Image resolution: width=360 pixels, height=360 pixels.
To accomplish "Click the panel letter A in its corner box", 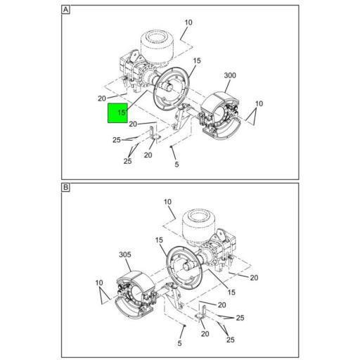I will coord(65,11).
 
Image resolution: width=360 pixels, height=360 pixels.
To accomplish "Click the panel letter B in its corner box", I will coord(65,188).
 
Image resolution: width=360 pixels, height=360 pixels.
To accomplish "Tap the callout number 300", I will coord(230,76).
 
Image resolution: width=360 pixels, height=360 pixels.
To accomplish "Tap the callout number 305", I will coord(126,255).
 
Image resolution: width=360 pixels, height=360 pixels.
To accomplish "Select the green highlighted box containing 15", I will coord(117,112).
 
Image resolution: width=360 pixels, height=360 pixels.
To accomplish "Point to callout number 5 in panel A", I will coord(176,165).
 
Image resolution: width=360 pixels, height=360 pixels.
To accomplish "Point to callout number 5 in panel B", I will coord(180,343).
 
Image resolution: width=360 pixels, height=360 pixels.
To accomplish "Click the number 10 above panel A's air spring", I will coord(188,22).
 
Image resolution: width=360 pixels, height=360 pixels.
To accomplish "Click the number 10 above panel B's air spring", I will coord(168,202).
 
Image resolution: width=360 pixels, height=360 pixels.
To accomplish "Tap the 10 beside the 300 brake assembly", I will coord(259,104).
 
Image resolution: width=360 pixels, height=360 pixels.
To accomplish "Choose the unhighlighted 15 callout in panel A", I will coord(197,61).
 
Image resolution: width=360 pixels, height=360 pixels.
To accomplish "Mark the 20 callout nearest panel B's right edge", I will coord(254,278).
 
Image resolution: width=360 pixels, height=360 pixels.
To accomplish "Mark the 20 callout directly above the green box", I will coord(102,98).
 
